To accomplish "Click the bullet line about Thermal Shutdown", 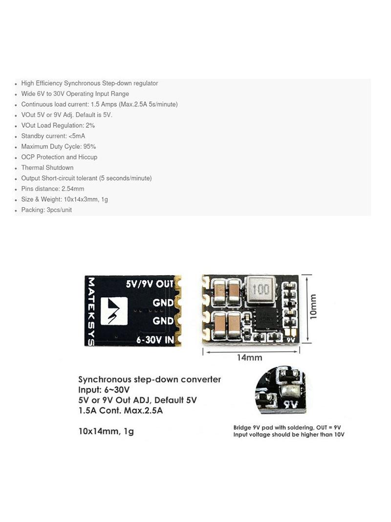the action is click(x=47, y=167).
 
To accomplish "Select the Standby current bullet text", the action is click(x=53, y=136).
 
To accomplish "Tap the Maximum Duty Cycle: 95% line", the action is click(x=59, y=146).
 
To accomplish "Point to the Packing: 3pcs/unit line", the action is click(x=46, y=210).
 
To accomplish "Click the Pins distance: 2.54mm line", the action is click(x=52, y=189).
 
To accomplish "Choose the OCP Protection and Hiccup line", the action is click(x=59, y=157).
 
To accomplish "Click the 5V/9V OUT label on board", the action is click(x=150, y=284).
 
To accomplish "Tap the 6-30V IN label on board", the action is click(x=155, y=340).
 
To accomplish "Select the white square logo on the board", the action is click(x=114, y=311).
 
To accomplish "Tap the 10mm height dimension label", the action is click(x=313, y=307).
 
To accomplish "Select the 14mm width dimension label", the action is click(x=249, y=357).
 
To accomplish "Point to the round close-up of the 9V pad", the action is click(x=281, y=390).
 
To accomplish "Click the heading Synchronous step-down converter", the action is click(x=150, y=380).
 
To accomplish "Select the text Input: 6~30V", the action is click(x=104, y=390).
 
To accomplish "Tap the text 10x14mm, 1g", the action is click(x=106, y=431).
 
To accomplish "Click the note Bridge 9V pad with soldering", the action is click(x=287, y=427).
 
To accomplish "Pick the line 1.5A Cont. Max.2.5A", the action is click(x=121, y=410).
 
